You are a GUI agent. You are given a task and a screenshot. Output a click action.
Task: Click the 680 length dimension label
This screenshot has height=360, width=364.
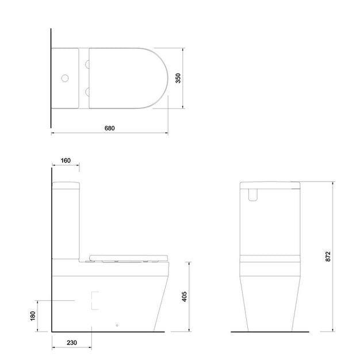tap(109, 128)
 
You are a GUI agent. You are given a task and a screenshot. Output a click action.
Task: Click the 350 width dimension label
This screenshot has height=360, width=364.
tap(178, 78)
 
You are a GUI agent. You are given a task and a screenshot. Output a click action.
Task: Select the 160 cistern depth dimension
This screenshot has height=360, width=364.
tap(66, 160)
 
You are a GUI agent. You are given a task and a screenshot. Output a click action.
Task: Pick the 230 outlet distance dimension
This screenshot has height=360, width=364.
tap(72, 343)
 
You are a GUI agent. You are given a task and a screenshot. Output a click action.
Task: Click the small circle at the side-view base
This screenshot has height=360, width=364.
tap(117, 327)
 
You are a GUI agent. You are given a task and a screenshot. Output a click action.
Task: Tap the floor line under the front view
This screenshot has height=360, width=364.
tap(270, 332)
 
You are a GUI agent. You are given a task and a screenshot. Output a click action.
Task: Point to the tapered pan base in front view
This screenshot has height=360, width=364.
tap(270, 305)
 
